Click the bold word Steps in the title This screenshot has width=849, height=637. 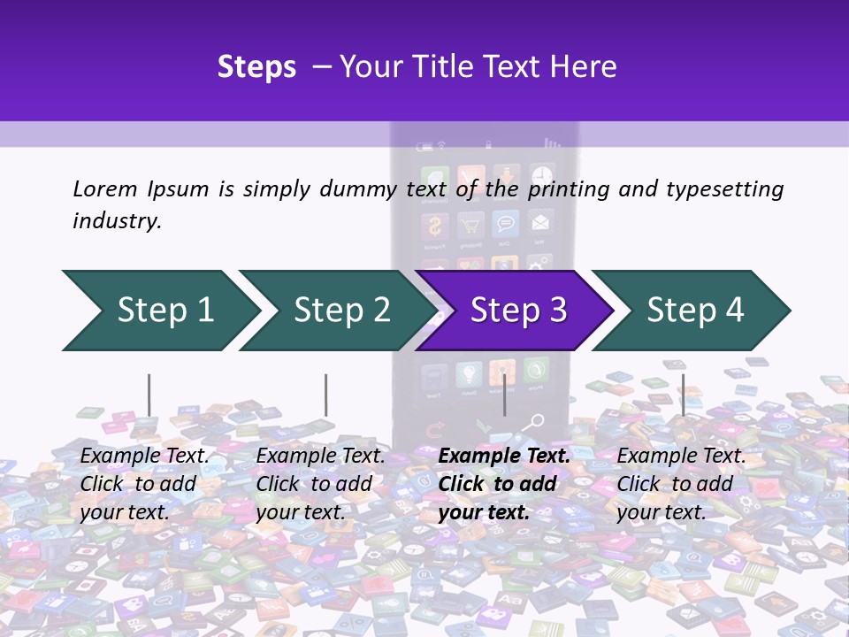256,67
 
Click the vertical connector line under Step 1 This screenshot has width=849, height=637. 149,395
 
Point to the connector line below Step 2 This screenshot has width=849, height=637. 326,395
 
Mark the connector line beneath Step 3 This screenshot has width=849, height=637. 504,395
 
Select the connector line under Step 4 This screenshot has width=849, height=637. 683,395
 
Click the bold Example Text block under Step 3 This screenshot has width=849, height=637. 504,484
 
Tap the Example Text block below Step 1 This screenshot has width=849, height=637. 145,484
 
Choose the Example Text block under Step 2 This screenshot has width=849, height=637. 320,484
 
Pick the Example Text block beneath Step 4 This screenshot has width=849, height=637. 681,484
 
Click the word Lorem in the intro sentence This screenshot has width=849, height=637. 105,188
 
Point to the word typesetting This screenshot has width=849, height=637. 724,188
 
